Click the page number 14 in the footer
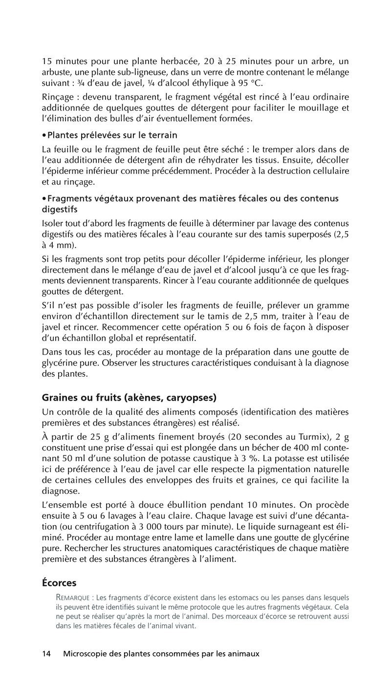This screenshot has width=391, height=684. tap(46, 653)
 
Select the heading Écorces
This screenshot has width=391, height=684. tap(59, 583)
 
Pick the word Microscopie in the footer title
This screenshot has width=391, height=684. tap(88, 653)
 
